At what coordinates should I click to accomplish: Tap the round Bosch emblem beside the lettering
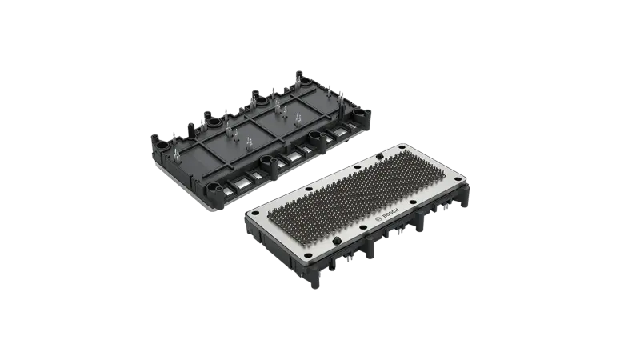[x=378, y=221]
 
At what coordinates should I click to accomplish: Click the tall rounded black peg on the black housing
[x=190, y=130]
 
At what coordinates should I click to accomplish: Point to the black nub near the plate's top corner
[x=379, y=155]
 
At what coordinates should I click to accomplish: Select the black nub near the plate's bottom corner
[x=337, y=241]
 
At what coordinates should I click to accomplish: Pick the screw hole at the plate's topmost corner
[x=402, y=148]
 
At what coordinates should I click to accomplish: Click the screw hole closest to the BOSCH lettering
[x=413, y=202]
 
